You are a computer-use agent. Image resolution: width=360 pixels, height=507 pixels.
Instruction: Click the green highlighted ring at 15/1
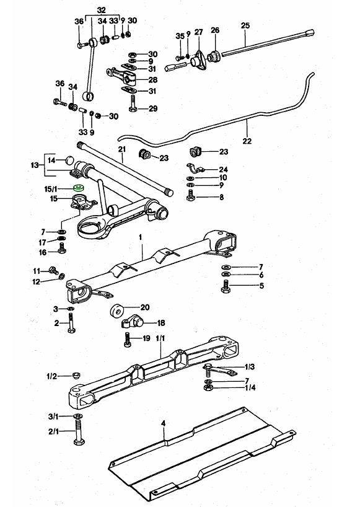click(79, 187)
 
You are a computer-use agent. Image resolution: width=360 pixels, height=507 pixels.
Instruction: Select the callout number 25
click(245, 25)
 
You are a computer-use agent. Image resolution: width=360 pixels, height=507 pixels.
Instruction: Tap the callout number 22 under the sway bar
click(247, 141)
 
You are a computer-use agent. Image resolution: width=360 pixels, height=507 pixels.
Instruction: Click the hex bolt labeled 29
click(133, 104)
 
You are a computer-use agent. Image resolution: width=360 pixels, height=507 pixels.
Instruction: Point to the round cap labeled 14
click(69, 160)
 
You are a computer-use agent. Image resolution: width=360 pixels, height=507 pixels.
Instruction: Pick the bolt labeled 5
click(226, 286)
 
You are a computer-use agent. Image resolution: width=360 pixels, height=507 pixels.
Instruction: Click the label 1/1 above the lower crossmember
click(160, 338)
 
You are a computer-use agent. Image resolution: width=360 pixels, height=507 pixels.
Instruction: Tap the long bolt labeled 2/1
click(78, 432)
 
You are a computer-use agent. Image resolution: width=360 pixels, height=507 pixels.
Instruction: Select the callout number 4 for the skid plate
click(163, 423)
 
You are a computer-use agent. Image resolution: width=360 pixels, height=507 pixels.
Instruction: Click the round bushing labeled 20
click(116, 311)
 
